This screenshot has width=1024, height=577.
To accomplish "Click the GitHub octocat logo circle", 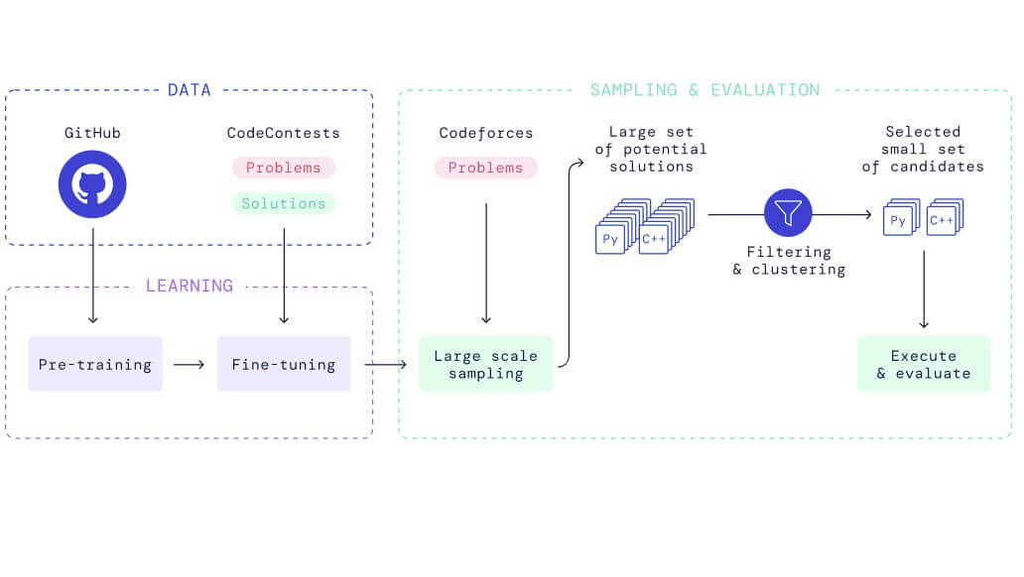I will coord(92,182).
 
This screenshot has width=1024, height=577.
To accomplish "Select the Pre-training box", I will coord(95,364).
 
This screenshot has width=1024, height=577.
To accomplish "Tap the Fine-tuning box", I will coord(284,364).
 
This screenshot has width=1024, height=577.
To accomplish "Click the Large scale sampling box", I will coord(485,364).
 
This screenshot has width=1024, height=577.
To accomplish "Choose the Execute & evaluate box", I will coord(923,364).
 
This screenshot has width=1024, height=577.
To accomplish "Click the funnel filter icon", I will coord(788,211).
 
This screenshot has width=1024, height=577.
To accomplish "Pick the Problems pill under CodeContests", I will coord(284,168).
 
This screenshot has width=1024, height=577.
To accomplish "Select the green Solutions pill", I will coord(284,203).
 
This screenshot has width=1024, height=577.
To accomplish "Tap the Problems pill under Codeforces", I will coord(485,168).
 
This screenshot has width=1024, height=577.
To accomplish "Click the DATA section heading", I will coord(189,90).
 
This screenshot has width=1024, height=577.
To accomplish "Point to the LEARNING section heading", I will coord(189,286).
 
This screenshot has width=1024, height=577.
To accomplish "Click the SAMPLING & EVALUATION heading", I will coord(704,90).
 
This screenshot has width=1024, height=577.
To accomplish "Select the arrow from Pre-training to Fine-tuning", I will coord(189,364).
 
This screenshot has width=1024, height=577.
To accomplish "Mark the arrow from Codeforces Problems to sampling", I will coord(485,263).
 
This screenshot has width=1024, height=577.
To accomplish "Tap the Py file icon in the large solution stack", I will coord(609,239).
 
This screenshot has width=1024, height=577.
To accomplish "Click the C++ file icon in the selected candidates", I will coord(941,221).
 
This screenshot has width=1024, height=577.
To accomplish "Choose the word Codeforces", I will coord(485,132).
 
